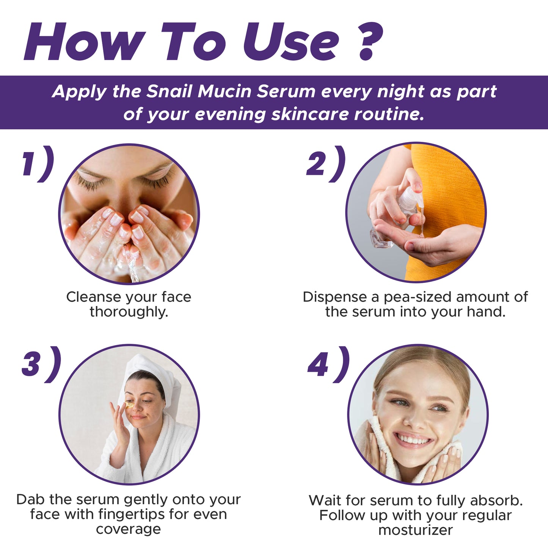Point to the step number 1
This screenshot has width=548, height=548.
31,164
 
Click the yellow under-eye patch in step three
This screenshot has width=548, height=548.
129,404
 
